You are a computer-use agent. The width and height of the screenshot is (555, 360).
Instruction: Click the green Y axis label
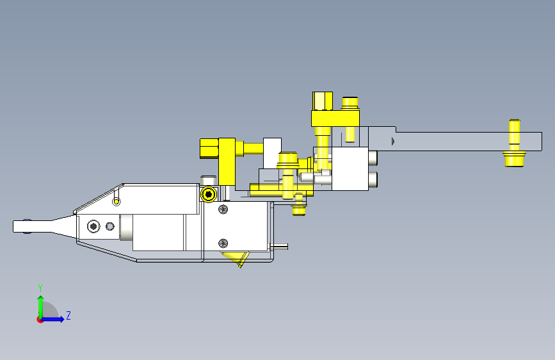[40, 288]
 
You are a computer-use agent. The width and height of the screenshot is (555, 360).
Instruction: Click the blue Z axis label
[68, 315]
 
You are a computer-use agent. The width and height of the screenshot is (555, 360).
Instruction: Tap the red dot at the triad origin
[40, 320]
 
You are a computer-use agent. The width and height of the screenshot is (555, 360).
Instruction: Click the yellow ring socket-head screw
[209, 194]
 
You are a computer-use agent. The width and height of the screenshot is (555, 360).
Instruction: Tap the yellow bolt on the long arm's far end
[514, 143]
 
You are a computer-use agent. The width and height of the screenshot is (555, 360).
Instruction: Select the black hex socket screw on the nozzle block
[93, 226]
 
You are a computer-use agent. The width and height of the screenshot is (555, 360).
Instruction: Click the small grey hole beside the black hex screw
[110, 226]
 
